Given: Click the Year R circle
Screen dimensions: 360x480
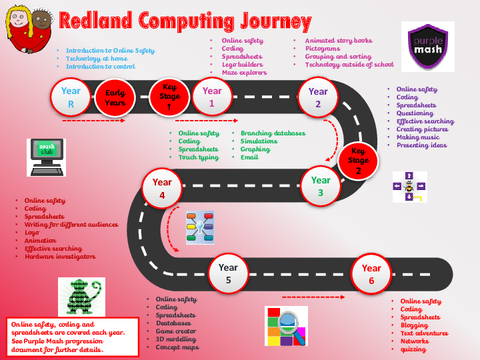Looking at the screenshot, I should point(71,97).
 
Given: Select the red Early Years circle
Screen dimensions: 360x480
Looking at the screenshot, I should point(115,98).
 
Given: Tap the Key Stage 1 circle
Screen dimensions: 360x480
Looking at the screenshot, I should point(169,97).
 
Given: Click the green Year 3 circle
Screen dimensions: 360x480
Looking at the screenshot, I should point(321,185).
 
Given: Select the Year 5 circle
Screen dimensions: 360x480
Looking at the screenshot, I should point(228,273).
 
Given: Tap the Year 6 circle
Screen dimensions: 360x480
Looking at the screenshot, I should point(371,273).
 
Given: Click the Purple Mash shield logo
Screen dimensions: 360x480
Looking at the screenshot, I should point(427,46).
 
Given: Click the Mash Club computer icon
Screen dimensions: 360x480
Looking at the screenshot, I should point(46,157).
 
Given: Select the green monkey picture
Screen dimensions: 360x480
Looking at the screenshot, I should point(81,296).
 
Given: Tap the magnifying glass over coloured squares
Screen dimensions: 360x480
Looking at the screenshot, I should point(287,326).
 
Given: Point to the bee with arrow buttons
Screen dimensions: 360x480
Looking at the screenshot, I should point(409,187).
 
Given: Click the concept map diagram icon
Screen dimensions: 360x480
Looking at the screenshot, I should point(200,227).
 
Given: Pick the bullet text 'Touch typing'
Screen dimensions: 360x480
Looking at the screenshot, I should point(198,157).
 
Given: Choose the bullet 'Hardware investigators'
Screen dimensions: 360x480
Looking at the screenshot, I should point(60,257).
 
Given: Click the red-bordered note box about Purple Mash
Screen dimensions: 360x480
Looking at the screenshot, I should point(73,336).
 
